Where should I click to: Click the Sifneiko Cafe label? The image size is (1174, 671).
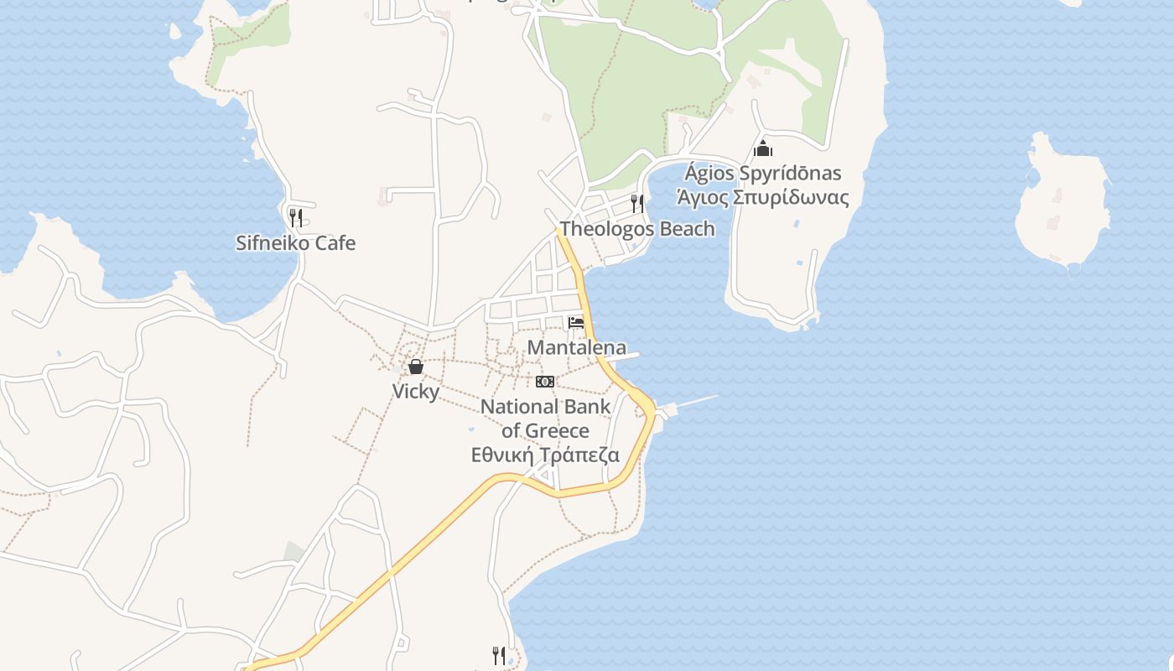tap(295, 243)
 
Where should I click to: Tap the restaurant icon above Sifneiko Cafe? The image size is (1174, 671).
tap(295, 218)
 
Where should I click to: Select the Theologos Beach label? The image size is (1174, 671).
tap(637, 229)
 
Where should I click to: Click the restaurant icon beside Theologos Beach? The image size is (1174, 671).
tap(637, 203)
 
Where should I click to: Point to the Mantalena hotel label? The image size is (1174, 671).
tap(576, 347)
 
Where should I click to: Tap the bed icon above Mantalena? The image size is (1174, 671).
tap(576, 323)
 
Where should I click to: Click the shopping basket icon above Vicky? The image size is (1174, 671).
tap(415, 367)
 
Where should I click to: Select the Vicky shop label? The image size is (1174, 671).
tap(415, 392)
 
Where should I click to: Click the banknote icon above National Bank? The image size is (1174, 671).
tap(545, 382)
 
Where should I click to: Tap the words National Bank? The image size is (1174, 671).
tap(545, 408)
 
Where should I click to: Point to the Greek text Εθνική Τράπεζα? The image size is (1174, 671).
tap(545, 455)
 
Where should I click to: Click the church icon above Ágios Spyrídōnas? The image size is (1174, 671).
tap(762, 149)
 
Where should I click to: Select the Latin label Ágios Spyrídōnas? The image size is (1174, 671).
tap(762, 174)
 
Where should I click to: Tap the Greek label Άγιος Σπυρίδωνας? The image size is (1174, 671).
tap(762, 198)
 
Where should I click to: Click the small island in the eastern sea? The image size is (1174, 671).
tap(1062, 205)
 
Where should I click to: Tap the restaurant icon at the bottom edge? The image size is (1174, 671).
tap(499, 654)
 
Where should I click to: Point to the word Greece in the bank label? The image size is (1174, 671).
tap(556, 431)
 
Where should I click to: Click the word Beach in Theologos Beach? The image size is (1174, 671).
tap(686, 229)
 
